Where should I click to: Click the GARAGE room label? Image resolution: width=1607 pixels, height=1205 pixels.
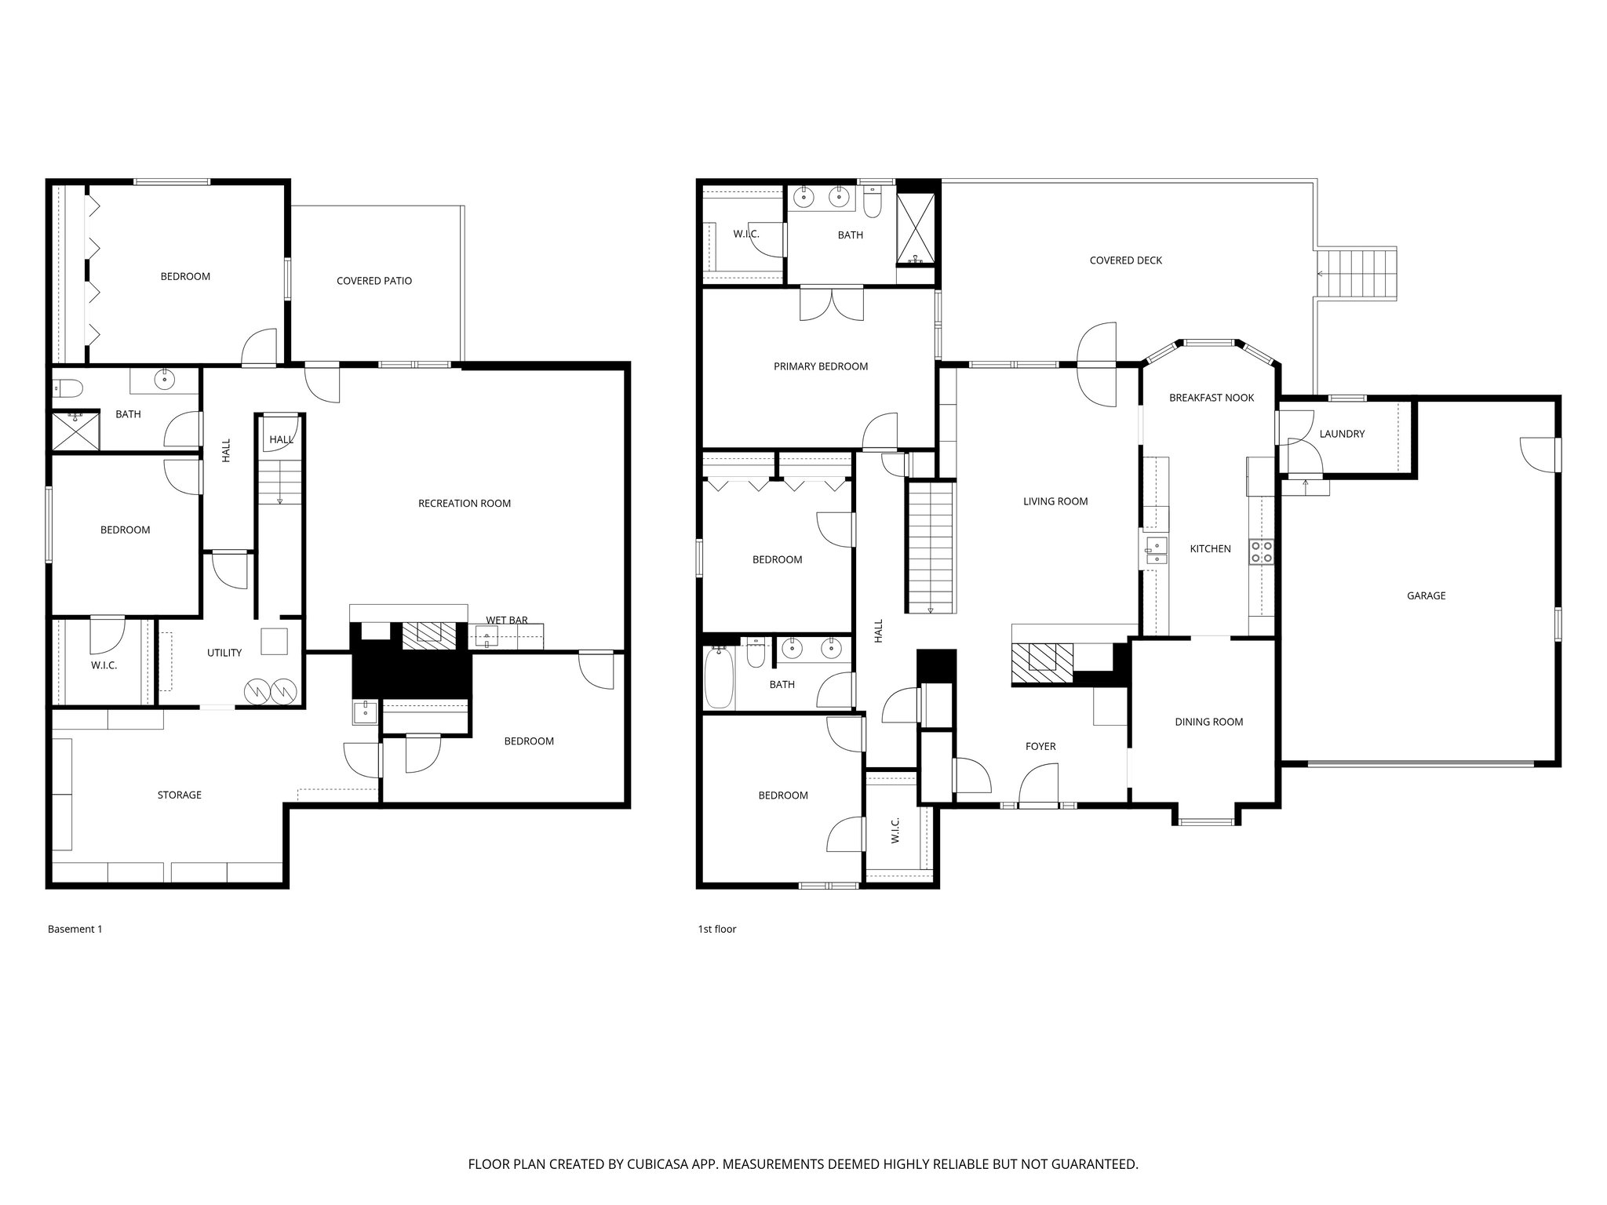(x=1426, y=595)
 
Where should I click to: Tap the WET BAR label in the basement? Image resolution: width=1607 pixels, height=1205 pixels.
(x=506, y=620)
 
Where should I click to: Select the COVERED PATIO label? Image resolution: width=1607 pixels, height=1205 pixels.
(x=374, y=281)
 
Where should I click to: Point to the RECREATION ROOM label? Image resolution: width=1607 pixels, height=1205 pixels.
(x=464, y=504)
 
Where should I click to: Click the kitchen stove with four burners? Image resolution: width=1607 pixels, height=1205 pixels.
(x=1262, y=552)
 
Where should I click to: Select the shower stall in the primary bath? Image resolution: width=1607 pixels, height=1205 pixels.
(x=916, y=228)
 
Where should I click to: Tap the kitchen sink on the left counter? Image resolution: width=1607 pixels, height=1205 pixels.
(x=1156, y=550)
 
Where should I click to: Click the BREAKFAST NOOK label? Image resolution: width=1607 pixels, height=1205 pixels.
(x=1211, y=398)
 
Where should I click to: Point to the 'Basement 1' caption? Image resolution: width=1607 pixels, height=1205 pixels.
(x=75, y=929)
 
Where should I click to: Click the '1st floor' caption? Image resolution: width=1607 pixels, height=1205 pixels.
(x=717, y=929)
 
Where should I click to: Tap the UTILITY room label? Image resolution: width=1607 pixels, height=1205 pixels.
(x=224, y=653)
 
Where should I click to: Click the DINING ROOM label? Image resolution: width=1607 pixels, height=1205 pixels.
(x=1208, y=722)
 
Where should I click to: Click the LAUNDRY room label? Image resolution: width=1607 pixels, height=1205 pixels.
(x=1342, y=434)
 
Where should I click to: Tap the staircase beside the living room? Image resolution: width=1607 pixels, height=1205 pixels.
(x=931, y=548)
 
